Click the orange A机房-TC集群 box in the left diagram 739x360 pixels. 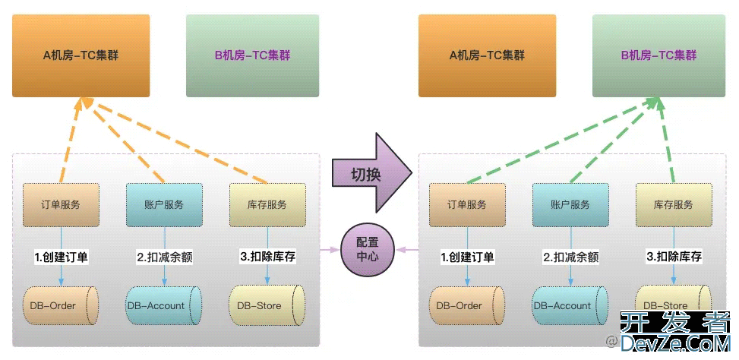81,55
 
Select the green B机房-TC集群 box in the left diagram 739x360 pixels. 252,55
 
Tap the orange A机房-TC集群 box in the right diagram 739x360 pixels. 487,55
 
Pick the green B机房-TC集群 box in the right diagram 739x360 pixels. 658,55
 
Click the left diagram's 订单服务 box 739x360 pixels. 62,204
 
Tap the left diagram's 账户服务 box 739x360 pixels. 164,204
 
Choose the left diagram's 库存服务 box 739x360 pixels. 267,204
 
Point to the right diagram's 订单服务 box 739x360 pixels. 468,204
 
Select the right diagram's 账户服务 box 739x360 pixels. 570,204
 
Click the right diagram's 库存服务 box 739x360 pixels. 674,204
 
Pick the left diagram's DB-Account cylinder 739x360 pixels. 163,305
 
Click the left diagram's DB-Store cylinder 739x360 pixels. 267,305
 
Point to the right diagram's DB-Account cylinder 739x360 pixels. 570,305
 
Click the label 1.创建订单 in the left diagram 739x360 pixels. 62,257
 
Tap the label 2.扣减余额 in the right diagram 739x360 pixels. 570,257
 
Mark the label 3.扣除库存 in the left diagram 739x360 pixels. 267,257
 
